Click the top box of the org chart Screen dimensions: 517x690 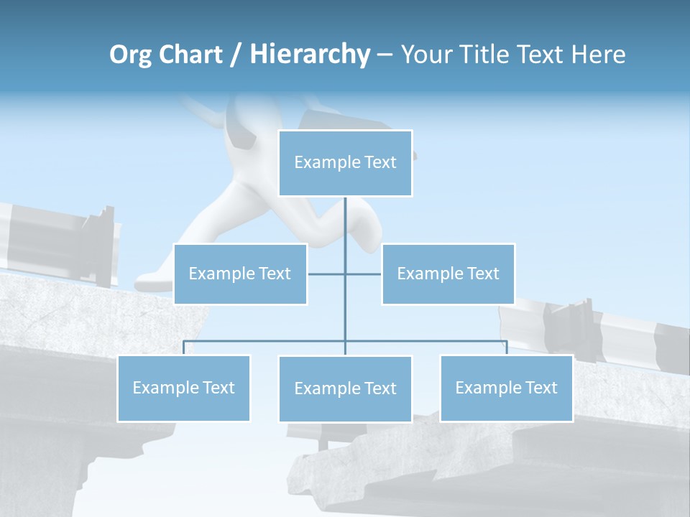point(345,163)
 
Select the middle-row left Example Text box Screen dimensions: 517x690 point(240,274)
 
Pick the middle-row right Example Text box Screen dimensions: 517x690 point(448,274)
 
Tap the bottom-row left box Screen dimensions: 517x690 point(183,388)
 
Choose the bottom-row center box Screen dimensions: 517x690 point(345,388)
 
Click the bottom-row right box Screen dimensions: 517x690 point(506,388)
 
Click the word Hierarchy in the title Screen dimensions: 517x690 point(310,54)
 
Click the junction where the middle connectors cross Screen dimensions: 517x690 point(345,274)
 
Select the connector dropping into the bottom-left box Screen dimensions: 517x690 point(183,348)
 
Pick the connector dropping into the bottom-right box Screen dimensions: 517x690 point(506,348)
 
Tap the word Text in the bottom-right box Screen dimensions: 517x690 point(540,388)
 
